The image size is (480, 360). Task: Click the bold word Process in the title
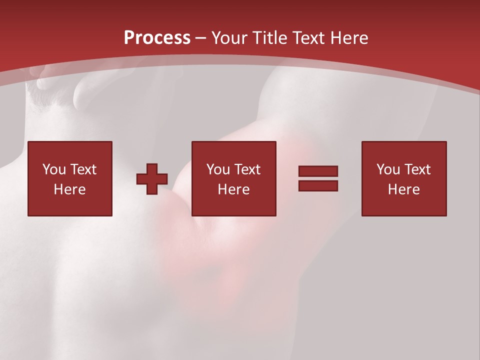[x=157, y=38]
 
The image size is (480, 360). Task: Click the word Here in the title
[x=350, y=38]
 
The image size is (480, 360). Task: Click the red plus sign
[x=152, y=179]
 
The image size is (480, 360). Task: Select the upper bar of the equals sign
[x=318, y=171]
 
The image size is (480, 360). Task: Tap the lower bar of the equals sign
[x=318, y=185]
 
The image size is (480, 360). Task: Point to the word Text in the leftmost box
[x=82, y=169]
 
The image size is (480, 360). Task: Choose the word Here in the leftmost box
[x=69, y=189]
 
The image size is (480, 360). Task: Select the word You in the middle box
[x=218, y=169]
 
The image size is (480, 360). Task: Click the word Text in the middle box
[x=247, y=169]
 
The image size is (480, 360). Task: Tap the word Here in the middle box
[x=233, y=189]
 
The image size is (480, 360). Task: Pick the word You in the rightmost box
[x=388, y=169]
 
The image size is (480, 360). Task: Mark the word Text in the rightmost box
[x=417, y=169]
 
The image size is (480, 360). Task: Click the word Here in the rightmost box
[x=403, y=189]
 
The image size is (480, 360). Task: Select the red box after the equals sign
[x=404, y=205]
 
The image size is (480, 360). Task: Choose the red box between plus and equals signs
[x=234, y=205]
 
